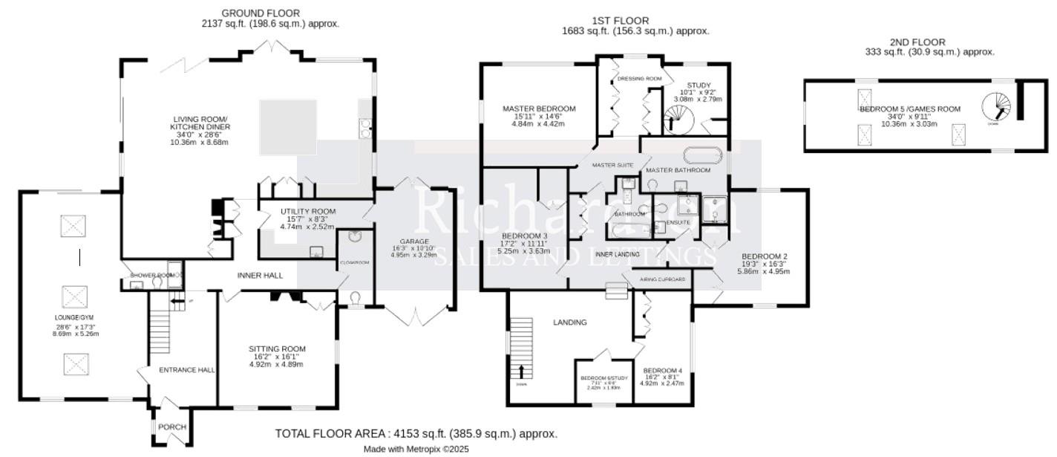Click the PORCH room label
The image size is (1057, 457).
tap(172, 427)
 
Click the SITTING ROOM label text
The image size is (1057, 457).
tap(277, 349)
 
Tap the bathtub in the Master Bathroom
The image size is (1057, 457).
tap(701, 156)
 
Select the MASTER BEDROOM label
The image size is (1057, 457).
tap(539, 108)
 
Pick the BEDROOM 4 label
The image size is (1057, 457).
tap(663, 371)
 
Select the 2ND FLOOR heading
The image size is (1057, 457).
tap(917, 42)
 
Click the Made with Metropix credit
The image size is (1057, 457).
tap(416, 449)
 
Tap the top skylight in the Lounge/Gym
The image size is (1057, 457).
tap(73, 225)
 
